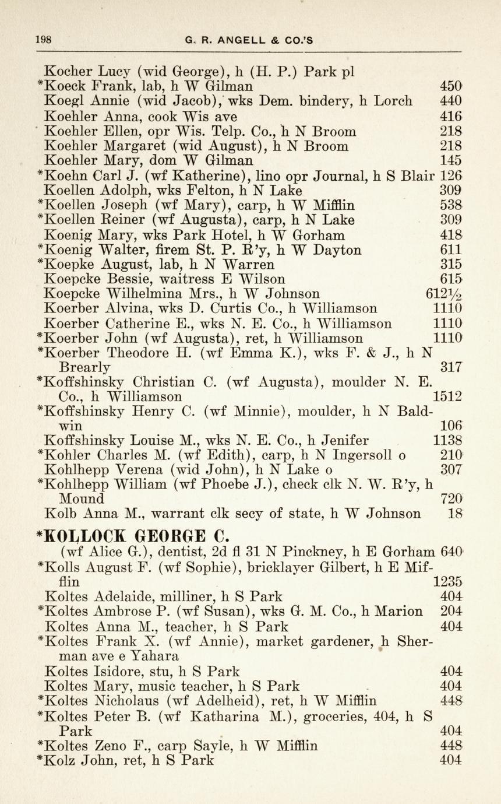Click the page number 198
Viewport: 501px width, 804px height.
tap(44, 40)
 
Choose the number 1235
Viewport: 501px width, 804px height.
tap(448, 581)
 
